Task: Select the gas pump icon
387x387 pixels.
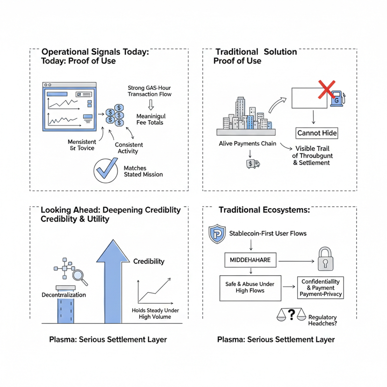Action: [x=337, y=99]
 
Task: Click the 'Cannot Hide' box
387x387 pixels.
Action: [x=317, y=133]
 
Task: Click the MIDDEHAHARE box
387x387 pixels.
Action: [x=250, y=260]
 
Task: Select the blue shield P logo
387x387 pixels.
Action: [x=217, y=233]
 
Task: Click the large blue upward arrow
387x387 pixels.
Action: [x=113, y=280]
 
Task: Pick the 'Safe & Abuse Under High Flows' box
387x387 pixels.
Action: [x=250, y=287]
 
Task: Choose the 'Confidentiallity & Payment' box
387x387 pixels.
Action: [x=322, y=287]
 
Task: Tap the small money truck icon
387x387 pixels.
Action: [x=252, y=163]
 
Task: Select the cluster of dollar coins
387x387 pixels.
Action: [x=115, y=115]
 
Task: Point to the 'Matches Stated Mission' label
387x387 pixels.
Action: [x=143, y=171]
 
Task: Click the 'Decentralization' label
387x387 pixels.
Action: [x=64, y=295]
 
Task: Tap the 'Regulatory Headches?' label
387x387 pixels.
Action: [x=323, y=320]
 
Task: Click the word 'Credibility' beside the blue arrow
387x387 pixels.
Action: [x=149, y=261]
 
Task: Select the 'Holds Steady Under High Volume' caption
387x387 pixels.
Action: [x=156, y=314]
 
